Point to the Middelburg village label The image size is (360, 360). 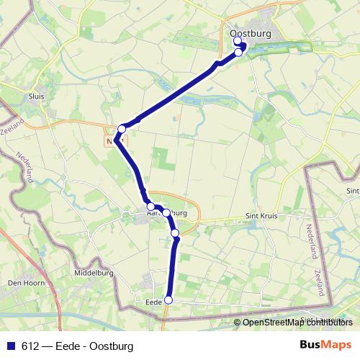point(94,273)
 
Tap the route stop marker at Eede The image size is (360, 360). point(169,300)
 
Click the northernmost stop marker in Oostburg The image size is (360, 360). point(238,41)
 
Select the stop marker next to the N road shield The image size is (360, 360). point(122,129)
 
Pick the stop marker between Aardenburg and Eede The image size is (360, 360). point(175,233)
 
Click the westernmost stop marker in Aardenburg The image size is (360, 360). point(150,207)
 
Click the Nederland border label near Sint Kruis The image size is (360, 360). point(311,241)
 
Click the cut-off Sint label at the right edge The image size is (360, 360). point(352,191)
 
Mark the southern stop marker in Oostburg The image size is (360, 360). point(238,53)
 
